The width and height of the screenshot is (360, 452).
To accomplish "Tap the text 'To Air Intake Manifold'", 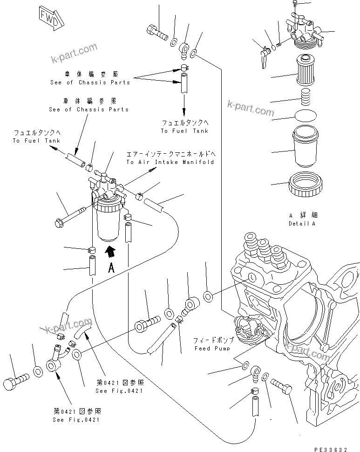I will tap(170, 162).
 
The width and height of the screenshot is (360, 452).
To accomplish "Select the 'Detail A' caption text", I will tap(302, 223).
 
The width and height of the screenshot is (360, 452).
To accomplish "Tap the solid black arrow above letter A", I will tap(110, 252).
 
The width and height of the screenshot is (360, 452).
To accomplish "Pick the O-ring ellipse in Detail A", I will tap(306, 116).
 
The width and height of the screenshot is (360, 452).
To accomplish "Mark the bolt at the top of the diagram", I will tap(157, 33).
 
